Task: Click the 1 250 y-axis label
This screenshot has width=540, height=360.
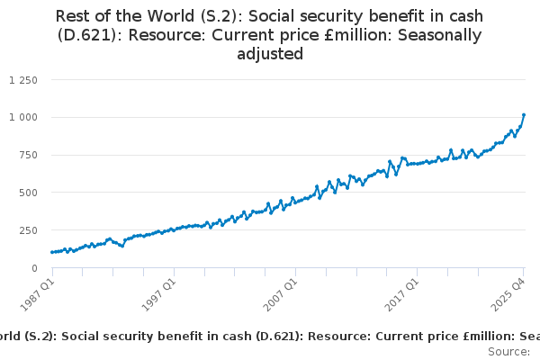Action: pos(22,80)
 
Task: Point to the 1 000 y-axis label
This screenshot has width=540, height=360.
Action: pos(22,117)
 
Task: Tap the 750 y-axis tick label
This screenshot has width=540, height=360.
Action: pos(27,155)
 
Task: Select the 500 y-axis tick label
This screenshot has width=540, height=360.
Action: pos(27,193)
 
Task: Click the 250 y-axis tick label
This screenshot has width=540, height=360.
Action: pos(27,230)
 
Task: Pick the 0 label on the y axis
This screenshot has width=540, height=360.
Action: pos(33,268)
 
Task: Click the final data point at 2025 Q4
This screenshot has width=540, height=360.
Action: pos(524,115)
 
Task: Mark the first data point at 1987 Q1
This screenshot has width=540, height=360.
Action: pos(52,252)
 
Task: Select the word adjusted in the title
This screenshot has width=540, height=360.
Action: pos(270,54)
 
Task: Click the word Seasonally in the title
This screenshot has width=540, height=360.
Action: pos(439,35)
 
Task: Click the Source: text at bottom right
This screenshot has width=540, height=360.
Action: pos(509,350)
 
